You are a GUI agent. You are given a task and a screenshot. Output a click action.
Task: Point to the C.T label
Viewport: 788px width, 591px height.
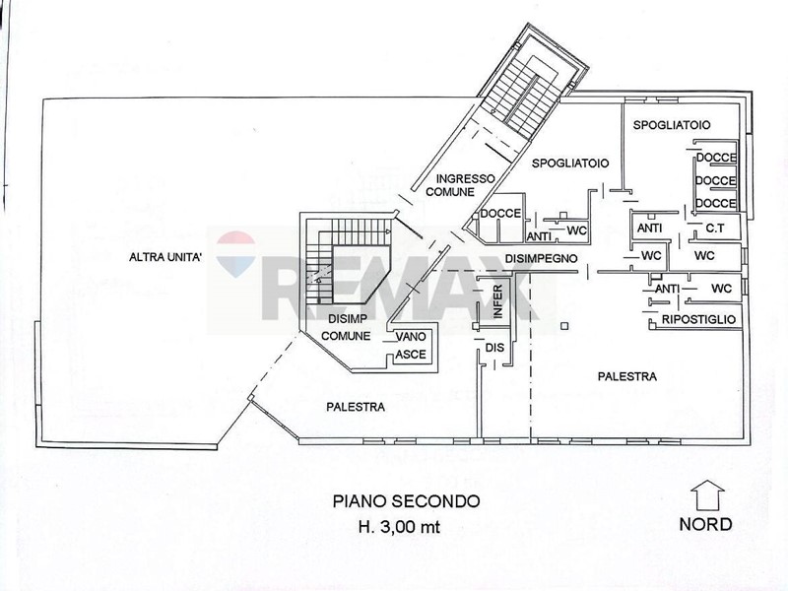[x=715, y=229]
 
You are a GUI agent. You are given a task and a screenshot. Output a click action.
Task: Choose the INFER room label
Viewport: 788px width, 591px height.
[x=498, y=300]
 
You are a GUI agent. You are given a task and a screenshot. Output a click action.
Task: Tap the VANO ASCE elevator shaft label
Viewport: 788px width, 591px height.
[x=410, y=344]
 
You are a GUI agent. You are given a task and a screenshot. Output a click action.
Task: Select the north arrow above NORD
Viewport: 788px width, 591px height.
[x=706, y=492]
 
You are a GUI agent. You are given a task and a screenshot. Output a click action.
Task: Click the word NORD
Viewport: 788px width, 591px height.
[x=706, y=523]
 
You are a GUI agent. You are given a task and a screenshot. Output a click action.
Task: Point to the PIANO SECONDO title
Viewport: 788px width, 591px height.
[x=406, y=501]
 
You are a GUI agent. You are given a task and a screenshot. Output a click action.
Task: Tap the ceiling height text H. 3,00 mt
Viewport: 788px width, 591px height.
[x=406, y=525]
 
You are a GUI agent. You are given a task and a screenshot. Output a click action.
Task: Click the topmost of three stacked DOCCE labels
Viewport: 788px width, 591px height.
[x=715, y=159]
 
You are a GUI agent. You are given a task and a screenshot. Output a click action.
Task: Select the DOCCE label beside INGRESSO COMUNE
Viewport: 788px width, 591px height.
[x=499, y=214]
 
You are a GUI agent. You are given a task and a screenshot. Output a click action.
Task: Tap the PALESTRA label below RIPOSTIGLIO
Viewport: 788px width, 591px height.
[x=627, y=376]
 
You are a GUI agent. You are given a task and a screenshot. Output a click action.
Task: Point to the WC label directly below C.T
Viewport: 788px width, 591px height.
[x=703, y=255]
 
